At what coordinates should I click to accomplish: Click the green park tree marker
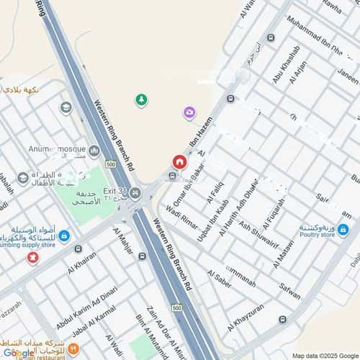tap(141, 99)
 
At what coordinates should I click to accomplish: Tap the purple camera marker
tap(189, 112)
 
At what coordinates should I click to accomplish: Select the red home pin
tap(179, 162)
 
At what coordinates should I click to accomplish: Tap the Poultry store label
tap(318, 234)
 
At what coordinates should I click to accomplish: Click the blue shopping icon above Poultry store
tap(343, 230)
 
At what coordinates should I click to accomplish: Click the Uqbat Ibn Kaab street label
tap(213, 215)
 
